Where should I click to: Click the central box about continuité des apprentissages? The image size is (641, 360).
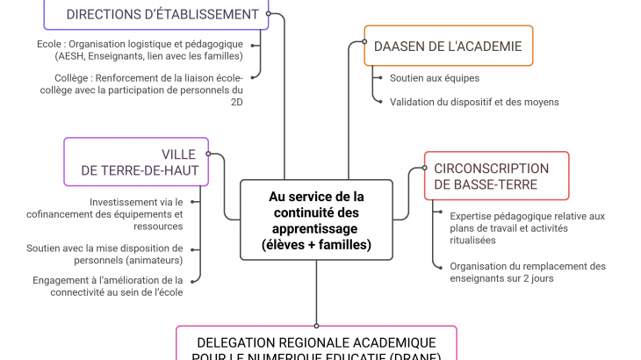(x=316, y=220)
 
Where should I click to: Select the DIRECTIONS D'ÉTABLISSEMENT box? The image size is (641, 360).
(x=162, y=14)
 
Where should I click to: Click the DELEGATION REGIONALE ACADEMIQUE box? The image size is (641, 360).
(x=316, y=347)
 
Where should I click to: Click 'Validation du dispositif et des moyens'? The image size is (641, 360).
(x=474, y=102)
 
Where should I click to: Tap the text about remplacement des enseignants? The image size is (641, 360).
(x=527, y=272)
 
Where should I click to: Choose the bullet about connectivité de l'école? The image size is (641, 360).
(x=108, y=286)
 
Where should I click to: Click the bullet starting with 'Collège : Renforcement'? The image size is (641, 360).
(x=148, y=90)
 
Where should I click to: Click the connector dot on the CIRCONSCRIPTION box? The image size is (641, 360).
(x=424, y=169)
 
